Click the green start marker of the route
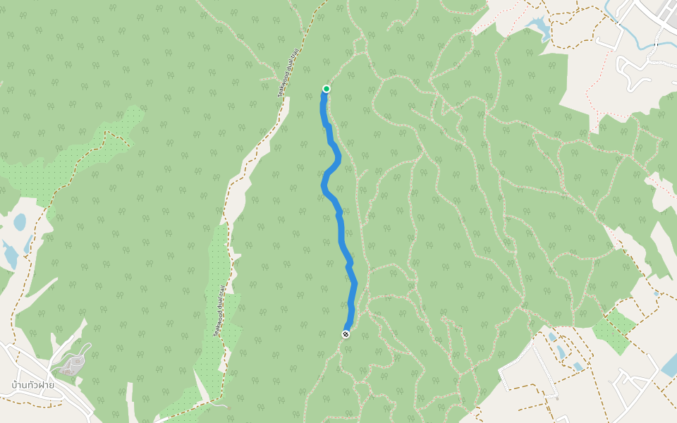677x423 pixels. click(327, 89)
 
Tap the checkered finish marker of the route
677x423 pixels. click(346, 334)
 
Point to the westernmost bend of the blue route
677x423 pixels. click(324, 185)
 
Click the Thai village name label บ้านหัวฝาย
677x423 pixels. click(33, 385)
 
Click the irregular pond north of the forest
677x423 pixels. click(538, 27)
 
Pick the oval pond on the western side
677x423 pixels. click(20, 222)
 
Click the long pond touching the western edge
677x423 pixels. click(8, 254)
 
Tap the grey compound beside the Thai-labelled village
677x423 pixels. click(71, 363)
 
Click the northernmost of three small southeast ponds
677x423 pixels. click(552, 337)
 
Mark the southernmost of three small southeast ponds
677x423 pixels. click(578, 367)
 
